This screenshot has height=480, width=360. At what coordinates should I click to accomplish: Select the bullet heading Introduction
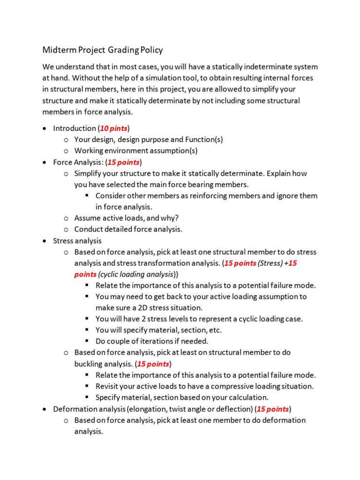click(74, 128)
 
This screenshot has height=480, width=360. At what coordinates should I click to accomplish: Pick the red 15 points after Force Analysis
click(123, 162)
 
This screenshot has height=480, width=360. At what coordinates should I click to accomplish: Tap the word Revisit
click(108, 386)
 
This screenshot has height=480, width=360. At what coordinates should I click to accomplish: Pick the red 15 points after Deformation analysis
click(273, 409)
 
